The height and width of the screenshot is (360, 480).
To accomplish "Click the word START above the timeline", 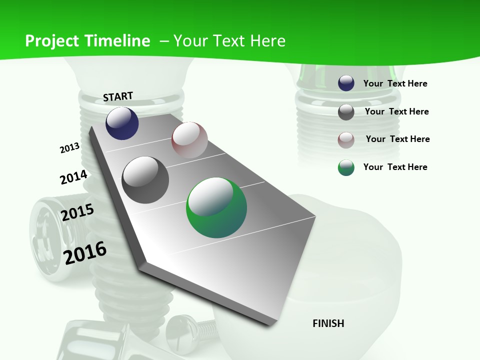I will point(118,96).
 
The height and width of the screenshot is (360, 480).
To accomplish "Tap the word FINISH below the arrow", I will point(328,323).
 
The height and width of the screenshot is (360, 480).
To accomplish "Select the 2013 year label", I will point(69,147).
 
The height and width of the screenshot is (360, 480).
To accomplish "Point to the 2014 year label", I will point(73,177).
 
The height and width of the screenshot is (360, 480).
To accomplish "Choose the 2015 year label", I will point(77,212).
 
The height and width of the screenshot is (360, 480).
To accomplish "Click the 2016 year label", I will point(85,252).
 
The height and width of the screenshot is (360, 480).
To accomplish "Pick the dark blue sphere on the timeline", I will point(122,123).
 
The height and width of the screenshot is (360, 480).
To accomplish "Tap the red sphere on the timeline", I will point(189,140).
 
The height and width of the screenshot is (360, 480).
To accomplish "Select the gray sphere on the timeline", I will point(145,180).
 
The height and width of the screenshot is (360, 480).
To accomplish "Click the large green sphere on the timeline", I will point(216,207).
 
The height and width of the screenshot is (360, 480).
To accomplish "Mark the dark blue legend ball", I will point(346,83).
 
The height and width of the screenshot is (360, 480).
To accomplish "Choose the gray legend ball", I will point(346,112).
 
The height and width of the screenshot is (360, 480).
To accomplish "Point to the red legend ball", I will point(346,140).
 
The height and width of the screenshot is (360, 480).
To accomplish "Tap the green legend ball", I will point(346,167).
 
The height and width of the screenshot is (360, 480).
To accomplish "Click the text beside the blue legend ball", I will point(395,83).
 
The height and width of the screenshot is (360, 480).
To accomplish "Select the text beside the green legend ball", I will point(395,167).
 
